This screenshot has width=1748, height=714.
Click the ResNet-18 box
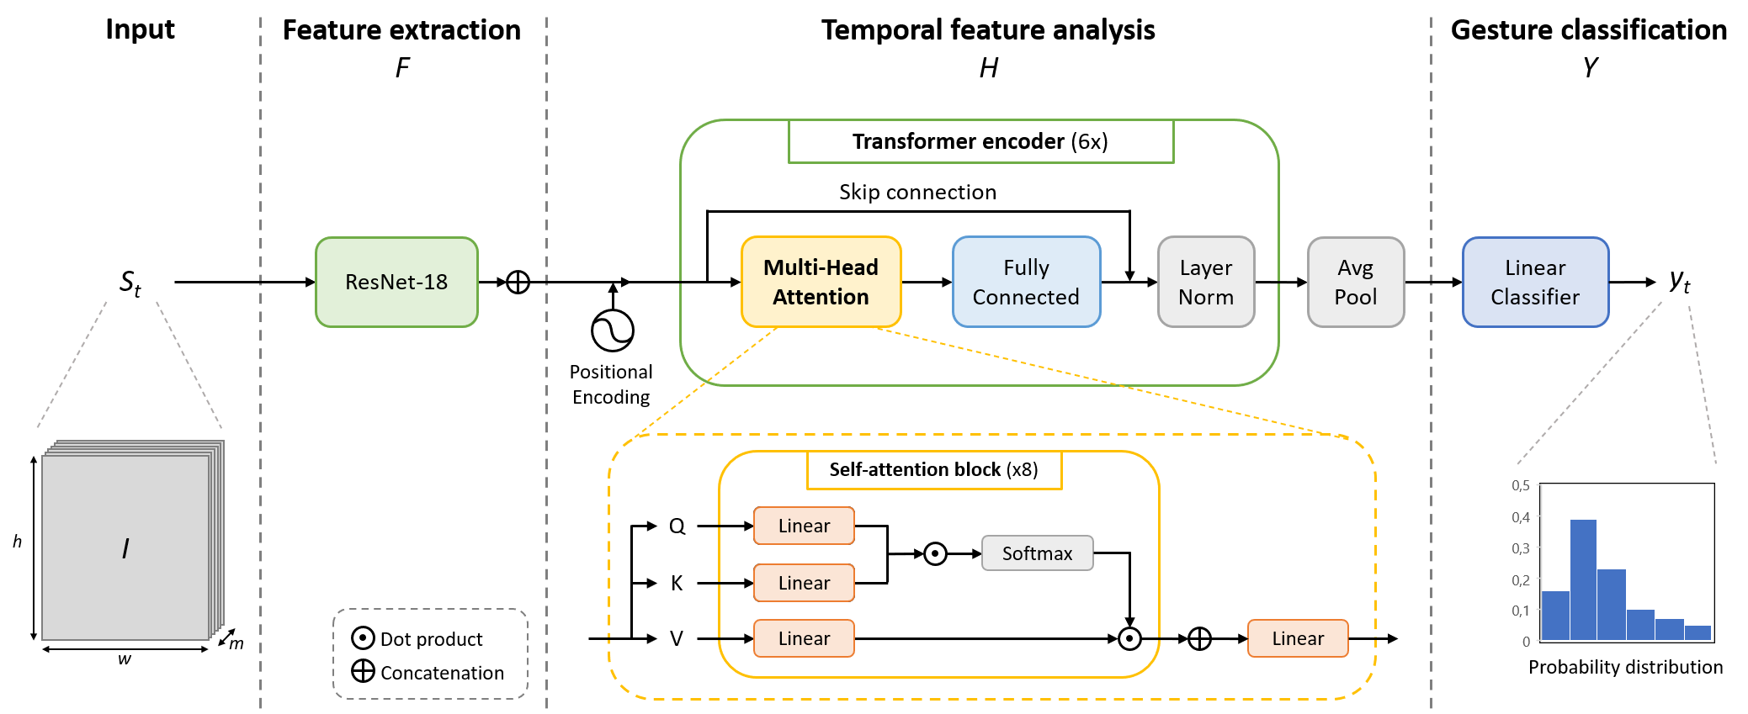[x=396, y=282]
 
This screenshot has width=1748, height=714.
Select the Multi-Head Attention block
[x=821, y=282]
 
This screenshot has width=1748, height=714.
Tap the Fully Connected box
[x=1026, y=282]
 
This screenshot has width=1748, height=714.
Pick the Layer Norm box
[x=1206, y=282]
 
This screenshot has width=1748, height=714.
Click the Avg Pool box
[x=1356, y=282]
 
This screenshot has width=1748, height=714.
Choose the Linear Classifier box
[x=1535, y=282]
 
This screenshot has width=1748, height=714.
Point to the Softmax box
[x=1037, y=553]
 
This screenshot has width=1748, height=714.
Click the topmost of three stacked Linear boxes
[x=804, y=526]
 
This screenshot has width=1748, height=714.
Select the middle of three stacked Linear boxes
[x=804, y=583]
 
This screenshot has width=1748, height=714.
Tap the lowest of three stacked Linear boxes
[x=804, y=638]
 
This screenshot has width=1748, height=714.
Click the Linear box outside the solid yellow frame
[x=1298, y=638]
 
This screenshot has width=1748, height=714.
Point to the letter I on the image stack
[x=125, y=549]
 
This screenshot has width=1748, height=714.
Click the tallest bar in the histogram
[x=1583, y=580]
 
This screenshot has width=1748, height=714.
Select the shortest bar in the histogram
[x=1698, y=632]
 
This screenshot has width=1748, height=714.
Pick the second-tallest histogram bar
[x=1611, y=605]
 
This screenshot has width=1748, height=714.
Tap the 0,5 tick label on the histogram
[x=1520, y=485]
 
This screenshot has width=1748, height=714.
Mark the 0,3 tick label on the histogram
[x=1520, y=548]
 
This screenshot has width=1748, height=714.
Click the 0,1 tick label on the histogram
[x=1520, y=611]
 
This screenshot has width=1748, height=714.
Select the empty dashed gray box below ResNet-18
[x=430, y=653]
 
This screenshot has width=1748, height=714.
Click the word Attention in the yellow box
[x=821, y=297]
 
